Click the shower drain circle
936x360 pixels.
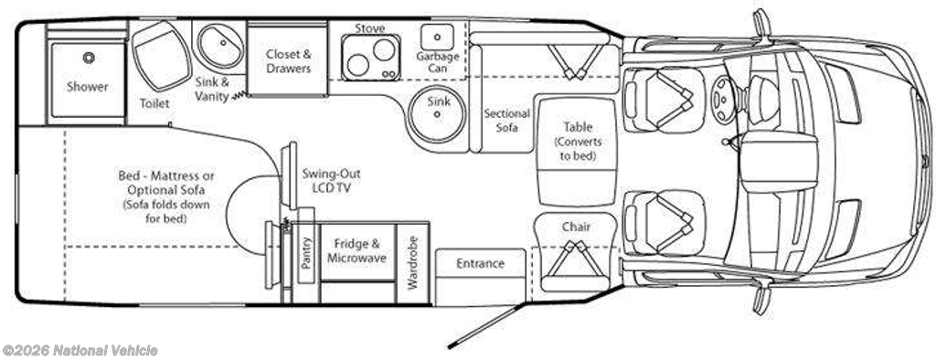click(89, 58)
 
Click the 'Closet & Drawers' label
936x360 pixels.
click(289, 61)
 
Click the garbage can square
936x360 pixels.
click(437, 37)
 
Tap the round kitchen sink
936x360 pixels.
click(438, 114)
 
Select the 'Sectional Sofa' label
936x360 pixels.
click(506, 120)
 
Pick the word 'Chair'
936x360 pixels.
click(576, 227)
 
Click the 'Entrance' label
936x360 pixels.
click(481, 263)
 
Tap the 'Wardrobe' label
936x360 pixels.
click(413, 262)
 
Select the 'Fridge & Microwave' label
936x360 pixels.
click(357, 250)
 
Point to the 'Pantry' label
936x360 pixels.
click(306, 253)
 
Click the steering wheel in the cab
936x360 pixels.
click(724, 92)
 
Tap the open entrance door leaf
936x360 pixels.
click(486, 325)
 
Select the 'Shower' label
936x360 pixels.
click(88, 87)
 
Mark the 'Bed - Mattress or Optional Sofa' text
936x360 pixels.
click(166, 184)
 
